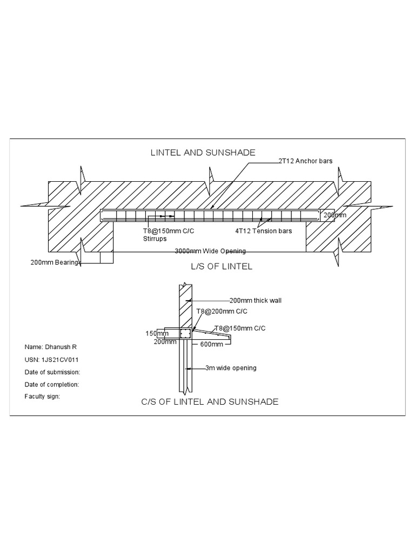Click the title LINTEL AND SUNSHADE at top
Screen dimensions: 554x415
click(x=203, y=153)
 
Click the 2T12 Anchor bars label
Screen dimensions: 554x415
click(x=305, y=161)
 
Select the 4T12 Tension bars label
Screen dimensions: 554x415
click(x=263, y=231)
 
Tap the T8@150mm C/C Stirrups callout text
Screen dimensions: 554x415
click(x=165, y=234)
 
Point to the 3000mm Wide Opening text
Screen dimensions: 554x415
click(x=210, y=251)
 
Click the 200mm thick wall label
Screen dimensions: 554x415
click(x=256, y=300)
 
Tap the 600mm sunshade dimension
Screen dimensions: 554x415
click(x=212, y=344)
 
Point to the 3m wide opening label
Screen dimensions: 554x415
click(x=231, y=368)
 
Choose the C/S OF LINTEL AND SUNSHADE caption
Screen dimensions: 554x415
click(x=210, y=402)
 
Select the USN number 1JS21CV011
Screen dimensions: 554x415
click(x=54, y=359)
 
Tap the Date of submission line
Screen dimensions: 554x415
click(x=52, y=372)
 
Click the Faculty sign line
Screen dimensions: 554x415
click(x=42, y=396)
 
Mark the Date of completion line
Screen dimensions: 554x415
click(x=52, y=384)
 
